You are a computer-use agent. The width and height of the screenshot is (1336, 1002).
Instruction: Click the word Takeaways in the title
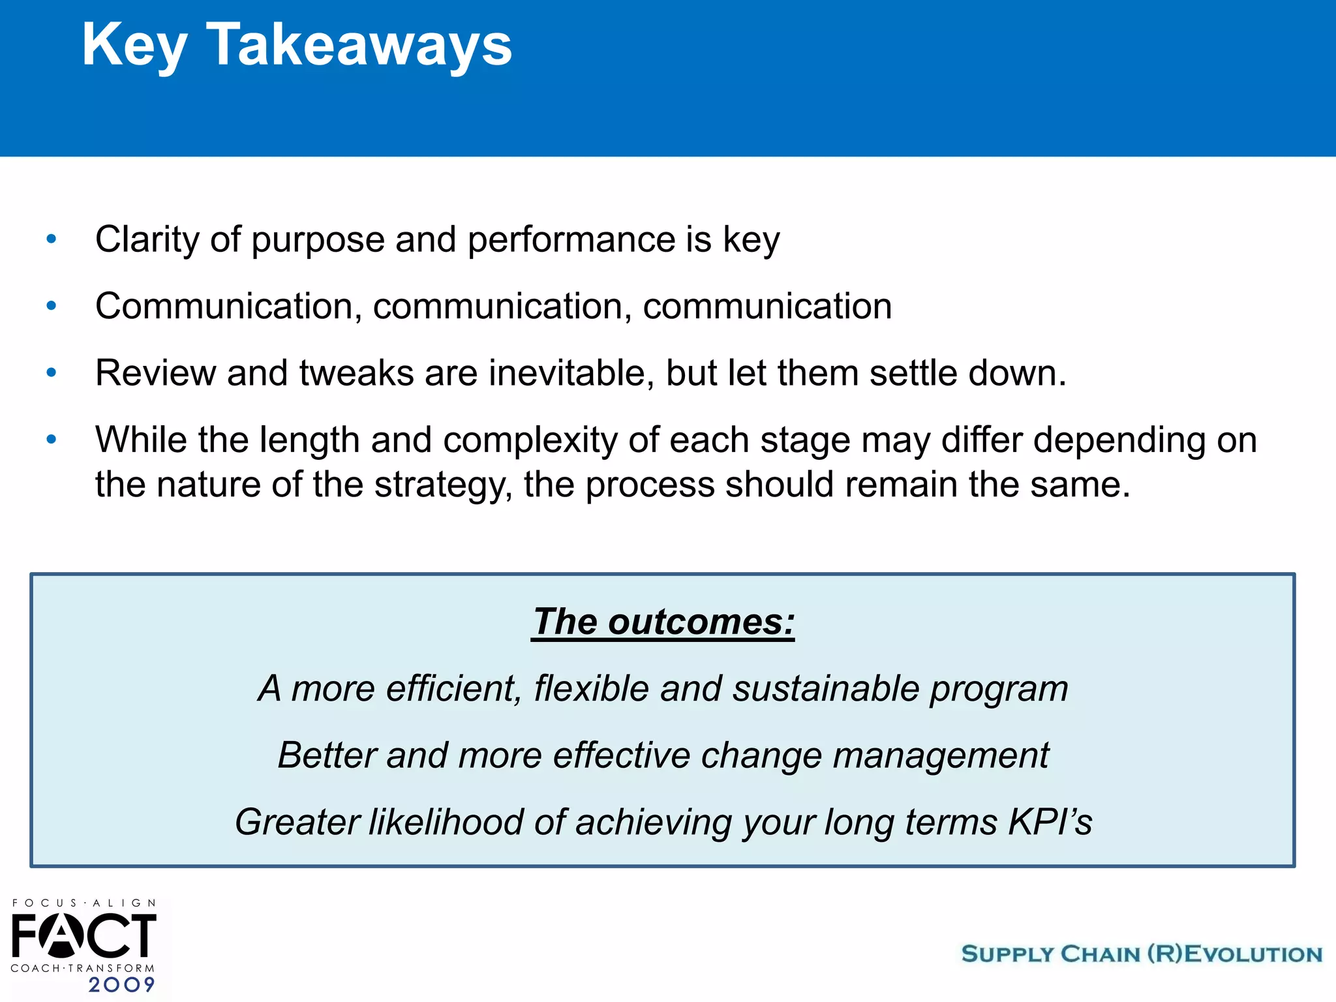(x=359, y=44)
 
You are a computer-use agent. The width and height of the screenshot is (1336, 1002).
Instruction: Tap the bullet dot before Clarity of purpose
(x=52, y=239)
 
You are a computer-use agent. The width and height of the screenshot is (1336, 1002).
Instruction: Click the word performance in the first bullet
(x=571, y=239)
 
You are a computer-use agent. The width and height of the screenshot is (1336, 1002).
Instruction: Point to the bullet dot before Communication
(x=52, y=305)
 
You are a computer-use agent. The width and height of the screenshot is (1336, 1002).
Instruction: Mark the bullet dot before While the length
(x=52, y=439)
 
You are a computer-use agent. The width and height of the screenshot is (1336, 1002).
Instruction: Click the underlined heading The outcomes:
(x=663, y=621)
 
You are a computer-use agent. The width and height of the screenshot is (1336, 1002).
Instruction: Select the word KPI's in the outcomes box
(x=1050, y=822)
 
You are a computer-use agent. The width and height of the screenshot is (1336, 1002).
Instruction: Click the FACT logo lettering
(x=83, y=935)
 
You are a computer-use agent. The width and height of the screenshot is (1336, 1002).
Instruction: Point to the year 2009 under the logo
(x=121, y=984)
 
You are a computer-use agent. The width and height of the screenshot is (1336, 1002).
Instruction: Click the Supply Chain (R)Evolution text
(x=1142, y=954)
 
